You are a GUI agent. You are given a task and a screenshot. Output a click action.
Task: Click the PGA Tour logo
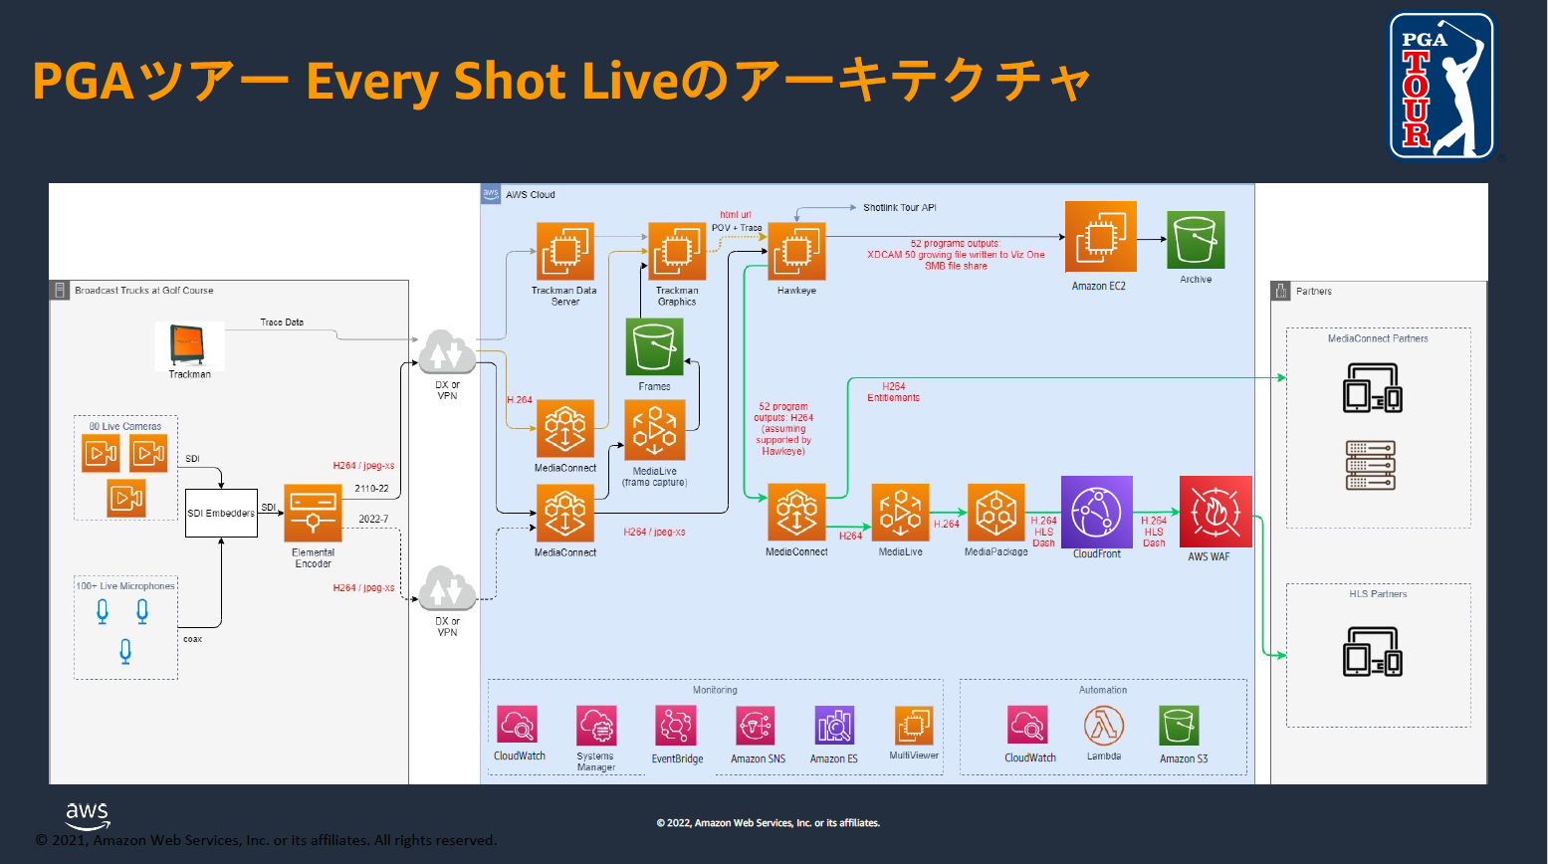click(x=1440, y=87)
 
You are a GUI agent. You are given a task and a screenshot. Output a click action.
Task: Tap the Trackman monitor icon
click(x=189, y=344)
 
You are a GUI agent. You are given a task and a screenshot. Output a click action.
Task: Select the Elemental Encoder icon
click(x=313, y=514)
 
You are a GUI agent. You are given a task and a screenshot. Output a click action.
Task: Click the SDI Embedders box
click(x=221, y=513)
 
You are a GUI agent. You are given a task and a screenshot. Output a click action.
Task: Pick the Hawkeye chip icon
click(x=796, y=252)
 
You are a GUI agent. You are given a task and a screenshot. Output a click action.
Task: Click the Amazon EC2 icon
click(x=1100, y=237)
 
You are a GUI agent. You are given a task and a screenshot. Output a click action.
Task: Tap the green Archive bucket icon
click(x=1196, y=240)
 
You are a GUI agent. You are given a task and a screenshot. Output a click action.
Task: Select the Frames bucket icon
click(x=654, y=346)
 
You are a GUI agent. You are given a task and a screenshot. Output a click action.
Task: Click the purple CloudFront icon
click(x=1096, y=512)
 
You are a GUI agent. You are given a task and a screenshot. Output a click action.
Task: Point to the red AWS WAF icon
click(x=1215, y=512)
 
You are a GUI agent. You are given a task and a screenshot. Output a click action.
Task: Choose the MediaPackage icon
click(x=995, y=513)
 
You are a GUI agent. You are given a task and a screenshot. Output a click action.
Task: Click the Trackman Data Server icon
click(x=564, y=251)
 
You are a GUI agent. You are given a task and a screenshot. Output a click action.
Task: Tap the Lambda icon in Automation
click(x=1104, y=726)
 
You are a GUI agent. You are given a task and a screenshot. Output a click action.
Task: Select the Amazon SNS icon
click(x=756, y=727)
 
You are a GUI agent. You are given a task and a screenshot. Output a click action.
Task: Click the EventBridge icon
click(x=675, y=726)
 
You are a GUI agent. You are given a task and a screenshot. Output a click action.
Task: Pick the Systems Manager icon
click(x=595, y=726)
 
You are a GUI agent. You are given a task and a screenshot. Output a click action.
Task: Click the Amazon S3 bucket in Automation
click(x=1179, y=727)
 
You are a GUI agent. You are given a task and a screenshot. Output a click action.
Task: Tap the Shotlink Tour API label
click(x=899, y=208)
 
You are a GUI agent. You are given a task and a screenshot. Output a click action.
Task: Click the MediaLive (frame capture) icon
click(x=654, y=430)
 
